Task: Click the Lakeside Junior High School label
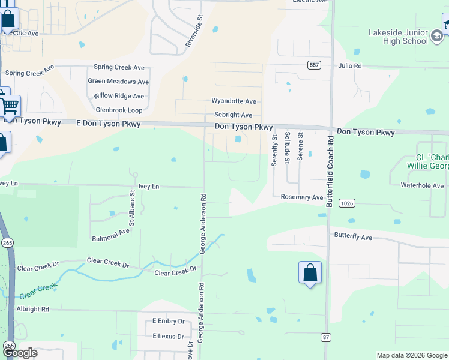coord(399,37)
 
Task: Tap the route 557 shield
coord(314,65)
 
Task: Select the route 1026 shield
coord(346,203)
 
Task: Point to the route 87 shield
coord(325,338)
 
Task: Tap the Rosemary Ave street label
coord(302,197)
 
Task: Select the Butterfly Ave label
coord(353,237)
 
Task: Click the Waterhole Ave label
coord(422,185)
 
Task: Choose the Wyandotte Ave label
coord(234,101)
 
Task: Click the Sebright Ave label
coord(233,115)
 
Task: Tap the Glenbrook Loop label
coord(119,110)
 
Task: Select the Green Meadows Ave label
coord(118,81)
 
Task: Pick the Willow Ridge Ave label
coord(119,95)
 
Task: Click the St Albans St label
coord(133,208)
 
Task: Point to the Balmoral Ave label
coord(111,235)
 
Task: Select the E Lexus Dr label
coord(168,336)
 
